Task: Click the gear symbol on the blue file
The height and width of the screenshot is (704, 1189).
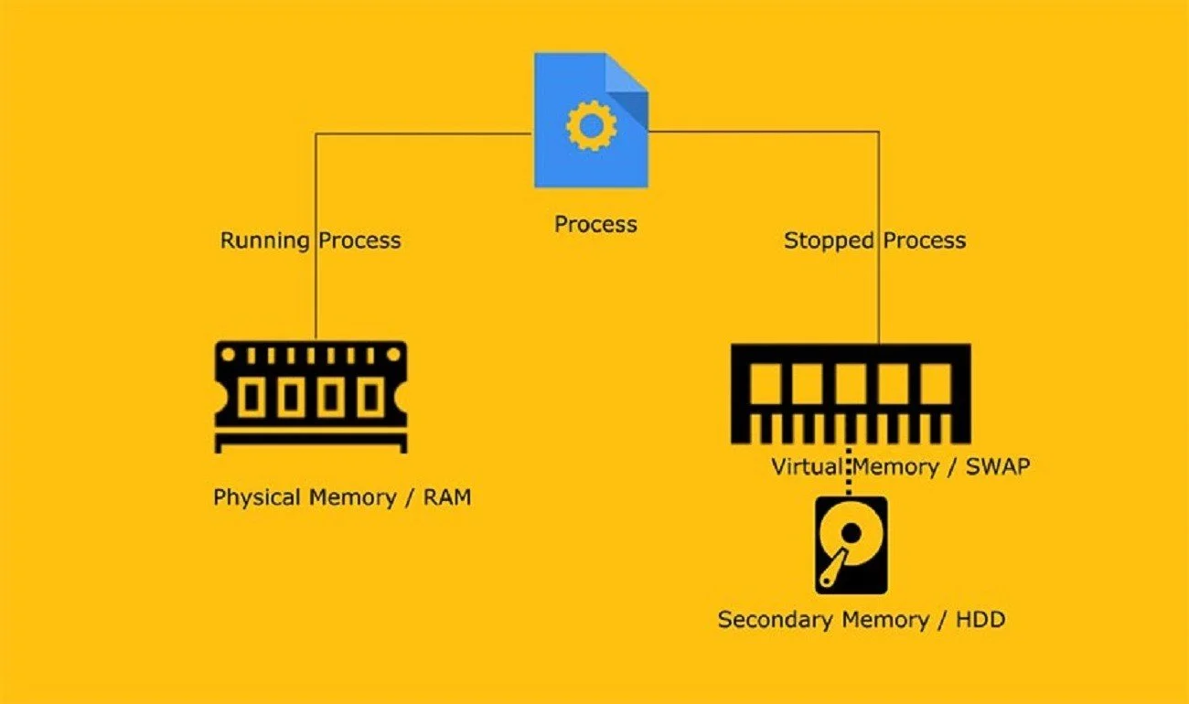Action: point(591,126)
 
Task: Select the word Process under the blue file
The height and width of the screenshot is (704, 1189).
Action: point(595,224)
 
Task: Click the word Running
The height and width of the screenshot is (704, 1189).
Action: point(265,240)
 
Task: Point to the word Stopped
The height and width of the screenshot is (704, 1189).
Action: point(829,240)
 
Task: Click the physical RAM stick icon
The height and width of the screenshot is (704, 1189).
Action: point(311,397)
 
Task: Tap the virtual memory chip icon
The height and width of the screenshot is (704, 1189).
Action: point(851,394)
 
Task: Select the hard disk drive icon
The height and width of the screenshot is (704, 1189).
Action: point(851,546)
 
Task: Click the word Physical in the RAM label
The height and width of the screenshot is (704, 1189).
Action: point(257,497)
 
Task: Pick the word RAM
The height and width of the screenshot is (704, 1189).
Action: point(447,497)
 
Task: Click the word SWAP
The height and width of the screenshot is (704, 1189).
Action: point(997,466)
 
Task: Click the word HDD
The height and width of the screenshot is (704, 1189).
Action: point(980,620)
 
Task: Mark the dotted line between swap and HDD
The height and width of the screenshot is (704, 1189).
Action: point(848,472)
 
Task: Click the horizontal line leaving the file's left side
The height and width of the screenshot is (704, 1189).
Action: point(423,133)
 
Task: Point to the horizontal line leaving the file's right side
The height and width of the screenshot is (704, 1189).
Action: point(764,131)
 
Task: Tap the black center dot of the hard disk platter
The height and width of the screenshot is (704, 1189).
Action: point(851,533)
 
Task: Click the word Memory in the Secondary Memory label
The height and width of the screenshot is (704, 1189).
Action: point(885,620)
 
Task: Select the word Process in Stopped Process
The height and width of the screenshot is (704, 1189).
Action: point(924,240)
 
